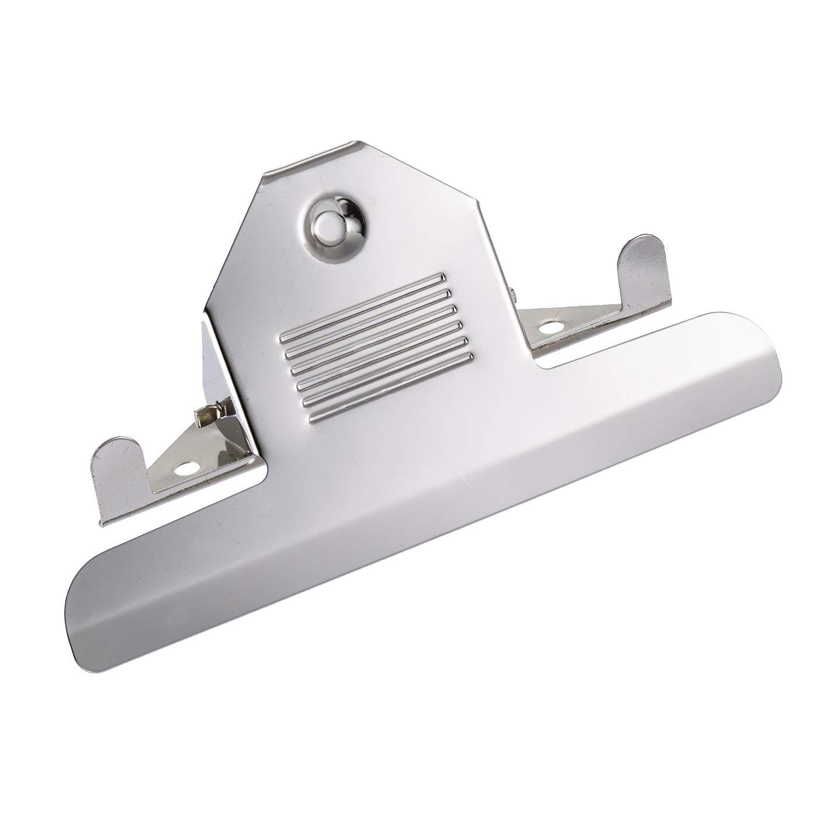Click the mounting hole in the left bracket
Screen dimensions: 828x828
tap(187, 468)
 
